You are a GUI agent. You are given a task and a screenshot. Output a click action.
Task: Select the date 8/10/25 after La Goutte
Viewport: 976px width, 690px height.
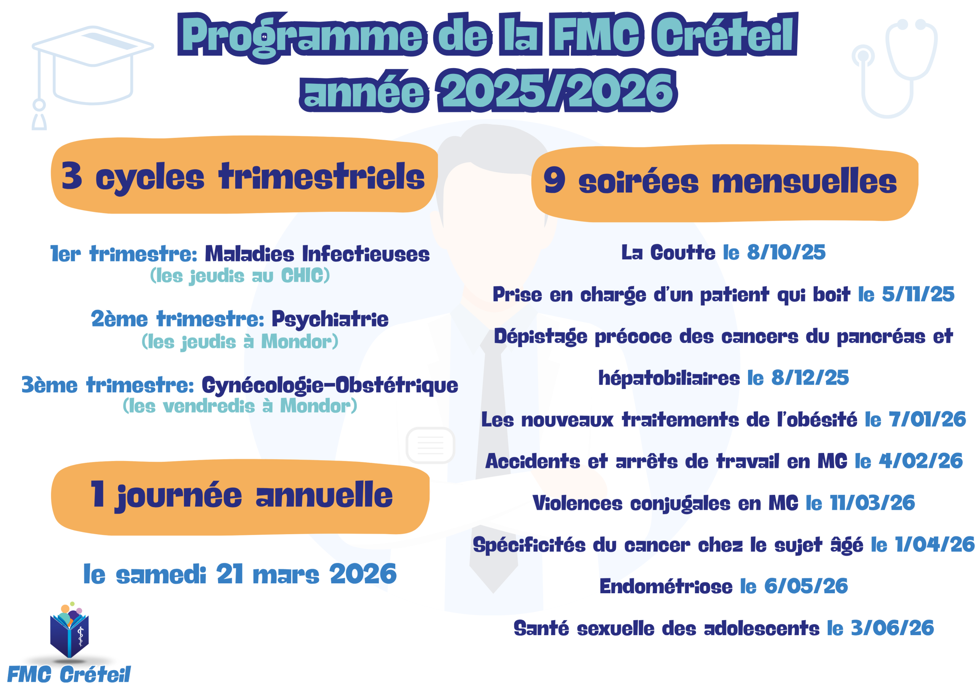(x=786, y=252)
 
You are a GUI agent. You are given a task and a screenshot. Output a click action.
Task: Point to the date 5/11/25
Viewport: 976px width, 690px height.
(x=918, y=294)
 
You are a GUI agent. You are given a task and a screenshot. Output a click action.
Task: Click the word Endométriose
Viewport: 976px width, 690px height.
(x=666, y=586)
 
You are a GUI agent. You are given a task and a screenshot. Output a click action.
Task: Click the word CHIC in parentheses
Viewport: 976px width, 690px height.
(x=302, y=276)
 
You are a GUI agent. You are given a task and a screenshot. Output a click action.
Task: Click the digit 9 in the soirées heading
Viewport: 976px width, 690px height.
(x=554, y=180)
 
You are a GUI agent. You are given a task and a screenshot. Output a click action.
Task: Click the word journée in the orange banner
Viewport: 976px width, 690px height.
(x=178, y=496)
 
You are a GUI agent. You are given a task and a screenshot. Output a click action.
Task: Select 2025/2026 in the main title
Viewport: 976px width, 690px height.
(x=557, y=91)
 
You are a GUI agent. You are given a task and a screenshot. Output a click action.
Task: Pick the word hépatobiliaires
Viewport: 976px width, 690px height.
(x=669, y=378)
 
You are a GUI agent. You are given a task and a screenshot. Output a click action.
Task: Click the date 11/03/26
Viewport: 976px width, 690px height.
(x=872, y=503)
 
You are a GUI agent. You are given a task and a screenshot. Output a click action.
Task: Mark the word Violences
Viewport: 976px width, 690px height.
(x=577, y=503)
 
